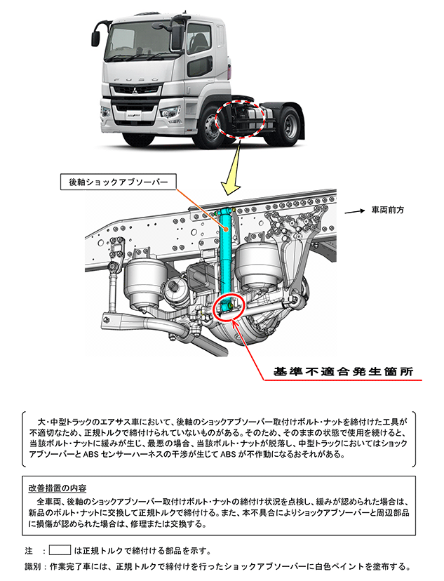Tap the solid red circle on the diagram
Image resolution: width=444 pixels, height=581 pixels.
[x=228, y=307]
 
